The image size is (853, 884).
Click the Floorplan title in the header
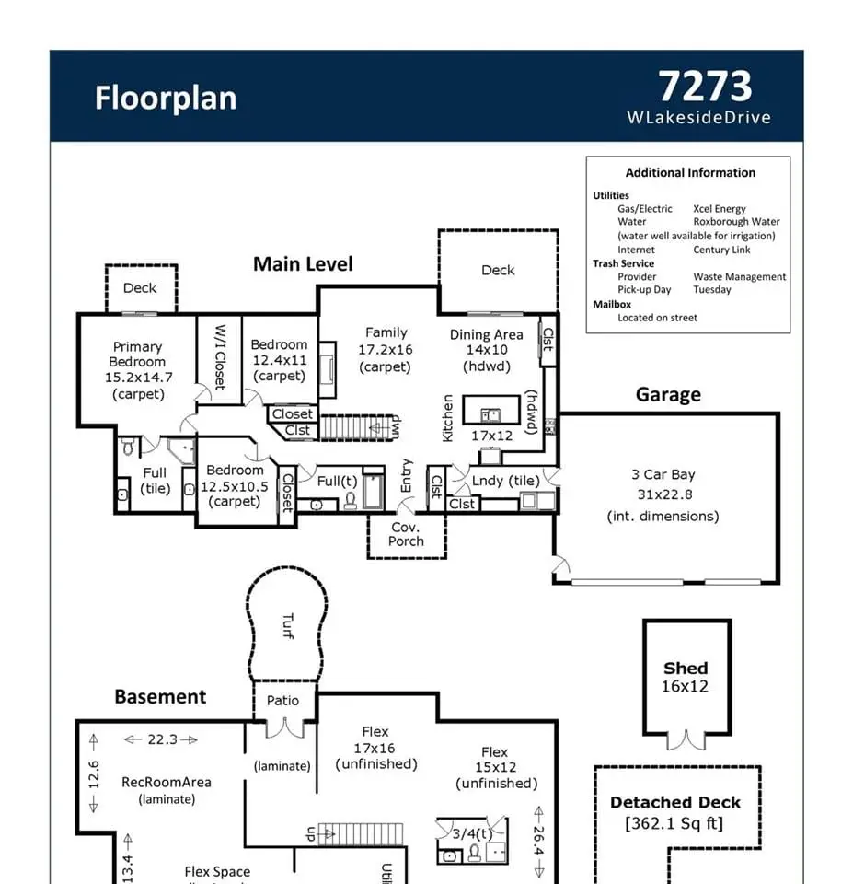pyautogui.click(x=166, y=99)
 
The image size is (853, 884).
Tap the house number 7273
pyautogui.click(x=705, y=87)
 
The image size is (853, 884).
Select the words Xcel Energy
pyautogui.click(x=720, y=209)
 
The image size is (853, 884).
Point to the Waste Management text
pyautogui.click(x=740, y=276)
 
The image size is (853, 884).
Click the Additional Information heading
pyautogui.click(x=690, y=172)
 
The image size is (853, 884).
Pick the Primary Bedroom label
pyautogui.click(x=137, y=355)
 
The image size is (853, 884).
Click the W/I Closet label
pyautogui.click(x=220, y=356)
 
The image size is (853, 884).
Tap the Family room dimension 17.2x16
pyautogui.click(x=386, y=350)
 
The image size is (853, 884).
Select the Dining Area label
pyautogui.click(x=486, y=335)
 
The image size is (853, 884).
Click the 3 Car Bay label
pyautogui.click(x=663, y=475)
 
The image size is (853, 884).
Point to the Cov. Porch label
pyautogui.click(x=406, y=534)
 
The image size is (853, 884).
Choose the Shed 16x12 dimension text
pyautogui.click(x=686, y=686)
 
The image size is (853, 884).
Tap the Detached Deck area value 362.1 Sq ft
pyautogui.click(x=674, y=823)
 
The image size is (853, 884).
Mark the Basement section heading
pyautogui.click(x=160, y=697)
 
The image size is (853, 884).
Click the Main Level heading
pyautogui.click(x=303, y=264)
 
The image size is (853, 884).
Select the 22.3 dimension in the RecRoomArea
pyautogui.click(x=162, y=739)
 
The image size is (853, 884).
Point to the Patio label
pyautogui.click(x=282, y=700)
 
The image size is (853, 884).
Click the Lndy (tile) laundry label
pyautogui.click(x=506, y=481)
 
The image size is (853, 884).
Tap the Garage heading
pyautogui.click(x=668, y=395)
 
